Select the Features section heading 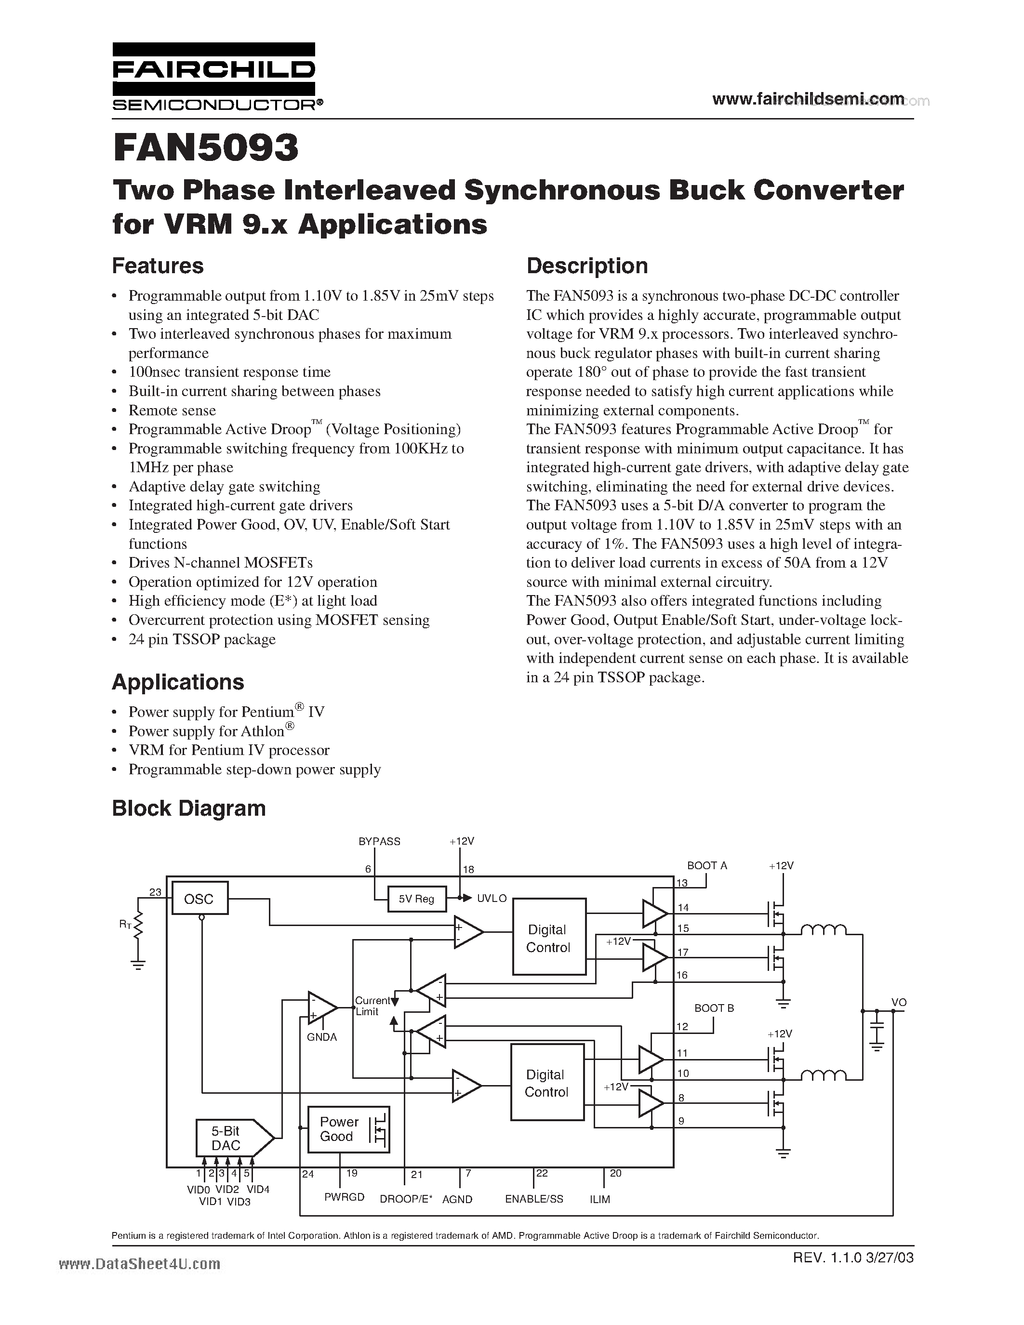click(x=158, y=266)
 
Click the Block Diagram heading click(x=189, y=808)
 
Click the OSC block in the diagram click(x=199, y=899)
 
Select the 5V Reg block click(x=416, y=899)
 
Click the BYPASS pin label click(x=379, y=841)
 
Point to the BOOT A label click(x=707, y=866)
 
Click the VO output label click(x=898, y=1002)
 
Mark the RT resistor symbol click(x=139, y=927)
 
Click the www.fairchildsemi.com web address click(x=808, y=99)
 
